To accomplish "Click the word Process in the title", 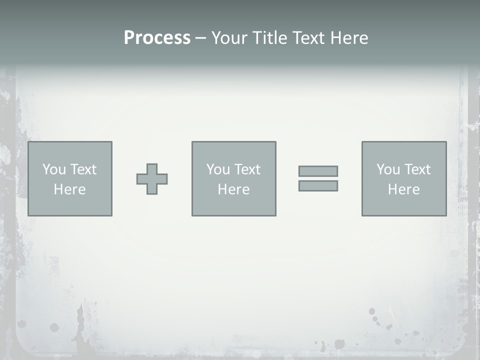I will [x=157, y=38].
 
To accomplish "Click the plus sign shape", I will [x=152, y=179].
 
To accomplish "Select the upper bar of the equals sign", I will [x=318, y=171].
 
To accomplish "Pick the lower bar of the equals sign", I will [x=318, y=186].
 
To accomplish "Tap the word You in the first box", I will [x=54, y=169].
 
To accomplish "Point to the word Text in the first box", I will [x=83, y=169].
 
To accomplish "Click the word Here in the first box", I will [x=69, y=189].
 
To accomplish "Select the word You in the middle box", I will [x=218, y=169].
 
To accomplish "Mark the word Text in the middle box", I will [x=247, y=169].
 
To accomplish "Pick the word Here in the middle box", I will [x=233, y=189].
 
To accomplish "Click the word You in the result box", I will [x=388, y=169].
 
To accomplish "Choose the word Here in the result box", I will [x=403, y=189].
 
